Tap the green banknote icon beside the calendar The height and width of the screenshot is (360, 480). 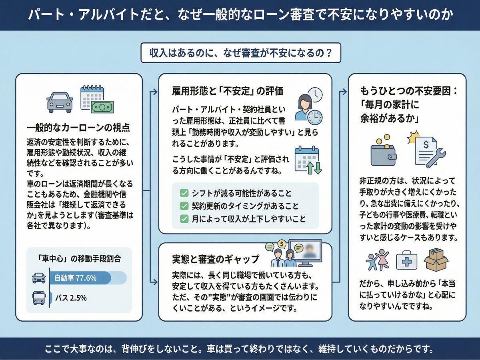[x=102, y=107]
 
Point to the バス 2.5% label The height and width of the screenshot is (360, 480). [x=70, y=298]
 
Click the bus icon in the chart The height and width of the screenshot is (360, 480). [x=38, y=298]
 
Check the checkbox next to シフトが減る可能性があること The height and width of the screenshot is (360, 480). [x=184, y=194]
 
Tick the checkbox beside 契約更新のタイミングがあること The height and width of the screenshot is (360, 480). [x=184, y=206]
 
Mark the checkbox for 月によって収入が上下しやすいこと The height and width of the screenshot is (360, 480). [x=184, y=219]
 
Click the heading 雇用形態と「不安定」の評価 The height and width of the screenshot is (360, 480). [x=227, y=91]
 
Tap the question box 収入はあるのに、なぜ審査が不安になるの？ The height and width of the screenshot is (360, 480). [x=240, y=53]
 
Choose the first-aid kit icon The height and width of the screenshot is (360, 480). [x=406, y=262]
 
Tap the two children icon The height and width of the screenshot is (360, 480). [x=377, y=260]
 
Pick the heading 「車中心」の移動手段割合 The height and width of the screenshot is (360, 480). [x=79, y=258]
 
